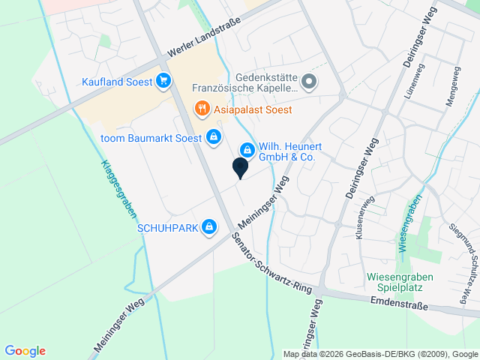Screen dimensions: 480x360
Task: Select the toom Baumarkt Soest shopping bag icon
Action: [214, 136]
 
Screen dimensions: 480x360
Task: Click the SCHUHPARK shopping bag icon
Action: [209, 226]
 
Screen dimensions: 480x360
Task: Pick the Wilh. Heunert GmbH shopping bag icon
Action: [247, 151]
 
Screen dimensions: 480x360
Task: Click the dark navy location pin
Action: [240, 168]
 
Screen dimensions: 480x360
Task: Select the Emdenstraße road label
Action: [399, 304]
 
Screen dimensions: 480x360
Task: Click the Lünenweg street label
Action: [430, 94]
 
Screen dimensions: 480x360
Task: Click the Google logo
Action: [25, 351]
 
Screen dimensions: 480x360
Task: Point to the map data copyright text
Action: [380, 354]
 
